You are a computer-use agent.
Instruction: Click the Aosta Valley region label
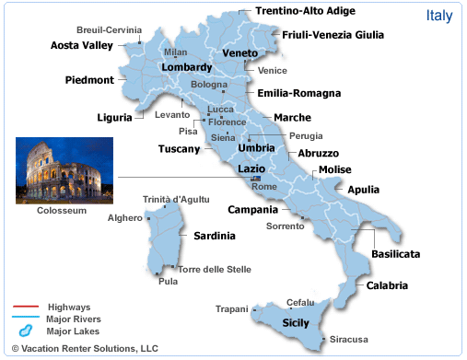[x=82, y=44]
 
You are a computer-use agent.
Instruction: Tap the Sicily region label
[x=296, y=323]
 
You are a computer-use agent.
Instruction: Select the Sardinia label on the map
[x=215, y=236]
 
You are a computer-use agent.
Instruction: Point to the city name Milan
[x=176, y=52]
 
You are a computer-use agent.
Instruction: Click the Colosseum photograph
[x=64, y=169]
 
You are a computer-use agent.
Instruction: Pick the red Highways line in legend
[x=25, y=307]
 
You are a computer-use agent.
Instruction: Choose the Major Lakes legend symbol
[x=25, y=330]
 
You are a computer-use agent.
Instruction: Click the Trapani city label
[x=232, y=308]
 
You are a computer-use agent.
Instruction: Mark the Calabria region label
[x=387, y=285]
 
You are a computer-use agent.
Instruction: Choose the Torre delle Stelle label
[x=214, y=269]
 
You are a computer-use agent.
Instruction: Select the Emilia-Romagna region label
[x=299, y=93]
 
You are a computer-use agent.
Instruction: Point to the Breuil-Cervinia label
[x=111, y=29]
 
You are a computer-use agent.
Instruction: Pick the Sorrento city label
[x=285, y=226]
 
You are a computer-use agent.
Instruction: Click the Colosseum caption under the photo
[x=62, y=211]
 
